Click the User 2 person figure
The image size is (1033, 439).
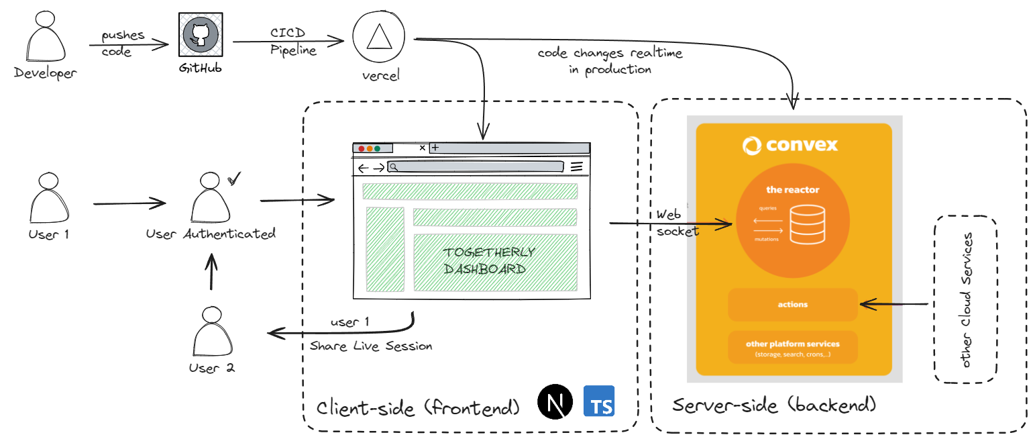click(211, 334)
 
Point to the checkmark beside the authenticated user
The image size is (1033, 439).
click(234, 179)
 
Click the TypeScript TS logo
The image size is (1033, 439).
click(600, 402)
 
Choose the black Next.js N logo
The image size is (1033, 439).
click(555, 402)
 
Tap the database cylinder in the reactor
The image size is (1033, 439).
click(806, 224)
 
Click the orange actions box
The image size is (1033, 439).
click(793, 305)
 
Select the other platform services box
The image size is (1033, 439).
click(793, 347)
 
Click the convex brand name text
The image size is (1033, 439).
click(791, 145)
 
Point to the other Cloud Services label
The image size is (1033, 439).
click(966, 300)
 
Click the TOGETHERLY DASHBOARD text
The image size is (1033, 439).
click(489, 261)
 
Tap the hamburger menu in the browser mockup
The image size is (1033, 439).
click(576, 167)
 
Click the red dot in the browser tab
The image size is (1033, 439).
click(362, 148)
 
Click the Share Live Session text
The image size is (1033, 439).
click(371, 346)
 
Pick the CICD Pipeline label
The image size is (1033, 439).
click(293, 42)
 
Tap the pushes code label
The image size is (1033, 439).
click(121, 44)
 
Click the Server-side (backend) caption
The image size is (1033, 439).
click(774, 405)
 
